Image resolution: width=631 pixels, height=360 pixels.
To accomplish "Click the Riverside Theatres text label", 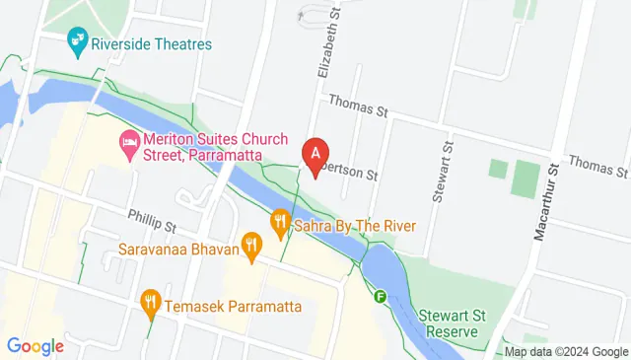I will click(x=150, y=43).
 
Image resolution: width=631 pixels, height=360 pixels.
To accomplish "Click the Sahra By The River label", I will click(x=354, y=225).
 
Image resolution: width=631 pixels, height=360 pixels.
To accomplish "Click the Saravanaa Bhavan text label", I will click(x=179, y=250).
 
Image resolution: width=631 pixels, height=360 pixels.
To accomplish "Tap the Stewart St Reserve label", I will click(x=449, y=323).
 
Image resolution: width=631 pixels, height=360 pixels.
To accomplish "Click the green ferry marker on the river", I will click(x=380, y=295).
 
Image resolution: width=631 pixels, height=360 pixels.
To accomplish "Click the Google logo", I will click(x=35, y=345).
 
